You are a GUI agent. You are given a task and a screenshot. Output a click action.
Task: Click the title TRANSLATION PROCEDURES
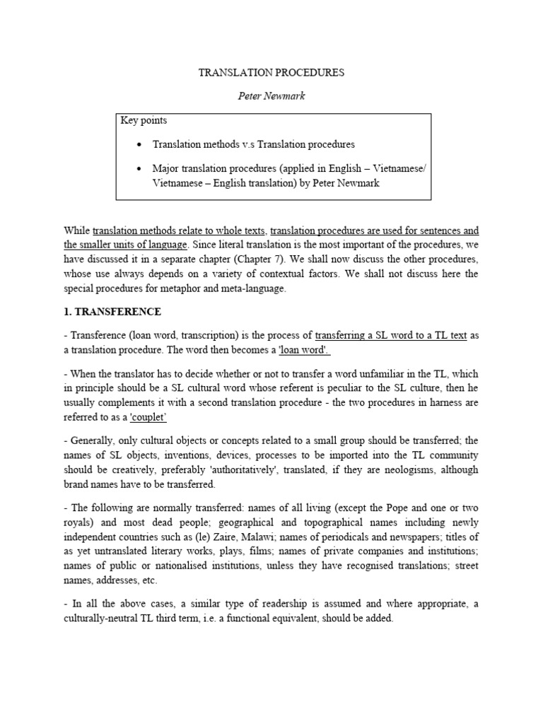pos(271,73)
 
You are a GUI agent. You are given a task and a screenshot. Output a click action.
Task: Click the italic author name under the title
pos(271,96)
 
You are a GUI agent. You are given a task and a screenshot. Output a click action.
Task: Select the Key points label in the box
pos(144,121)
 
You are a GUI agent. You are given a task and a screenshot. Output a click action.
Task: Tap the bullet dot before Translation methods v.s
pos(139,144)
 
